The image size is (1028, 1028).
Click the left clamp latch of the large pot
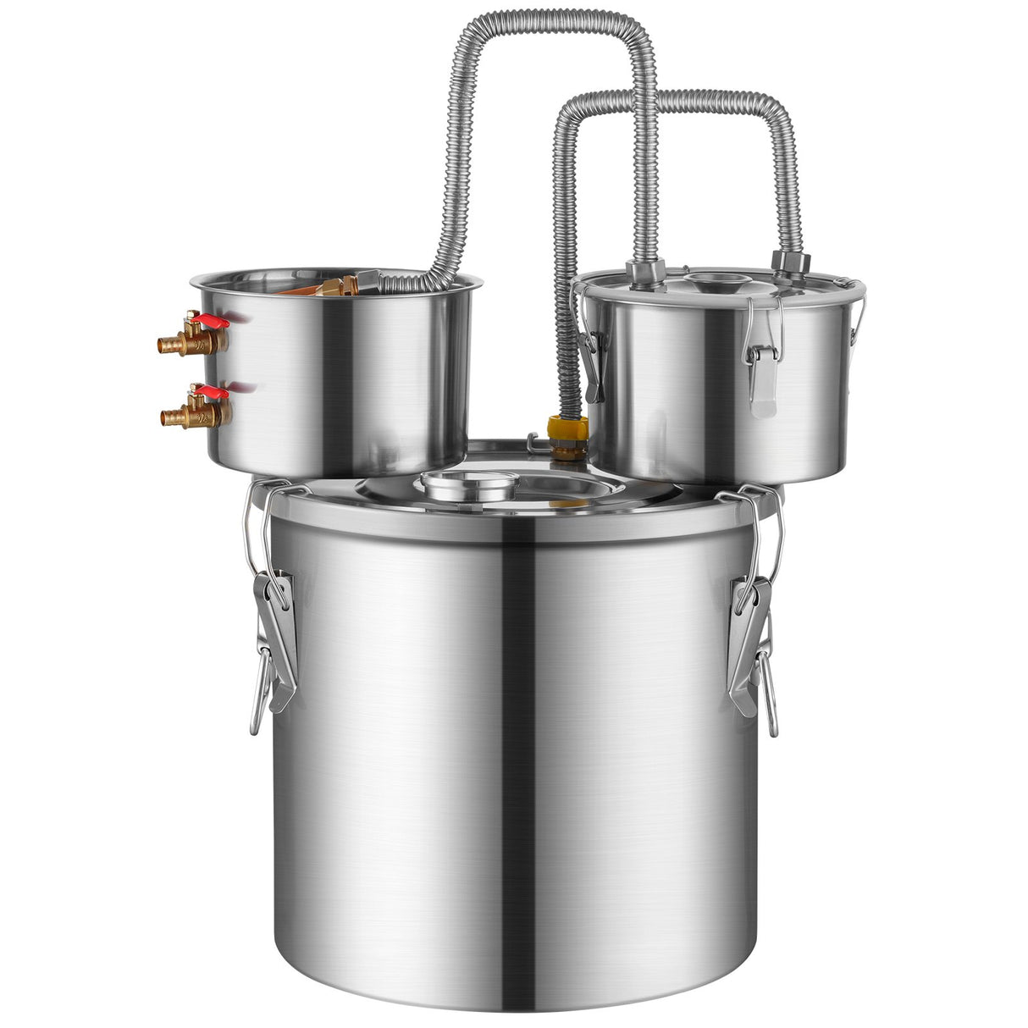pyautogui.click(x=273, y=635)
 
